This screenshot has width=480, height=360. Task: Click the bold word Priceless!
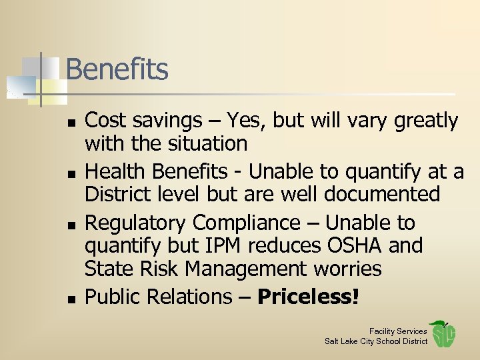[308, 297]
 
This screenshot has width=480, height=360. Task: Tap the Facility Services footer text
[398, 331]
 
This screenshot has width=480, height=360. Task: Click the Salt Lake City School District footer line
[376, 341]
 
